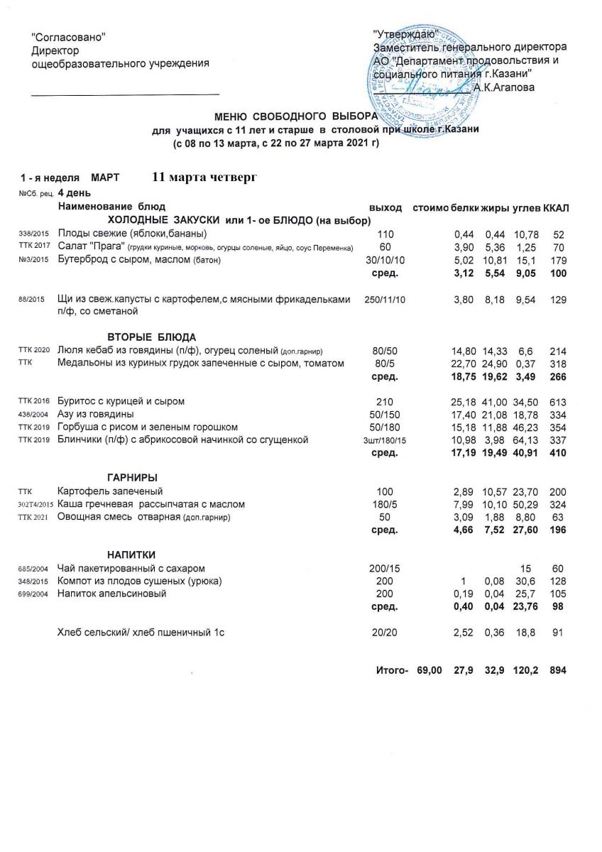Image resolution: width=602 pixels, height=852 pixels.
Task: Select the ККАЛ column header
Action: pyautogui.click(x=557, y=207)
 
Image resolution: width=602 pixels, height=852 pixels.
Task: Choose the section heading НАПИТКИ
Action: pyautogui.click(x=131, y=554)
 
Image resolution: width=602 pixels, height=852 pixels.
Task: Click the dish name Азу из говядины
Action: pyautogui.click(x=97, y=414)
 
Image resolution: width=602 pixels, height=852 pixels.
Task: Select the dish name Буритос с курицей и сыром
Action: pyautogui.click(x=121, y=402)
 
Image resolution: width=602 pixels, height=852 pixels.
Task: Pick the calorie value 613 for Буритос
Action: pyautogui.click(x=558, y=402)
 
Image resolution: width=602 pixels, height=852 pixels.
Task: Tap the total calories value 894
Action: pyautogui.click(x=558, y=670)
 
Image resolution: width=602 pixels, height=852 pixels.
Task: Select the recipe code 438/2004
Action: pyautogui.click(x=32, y=415)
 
